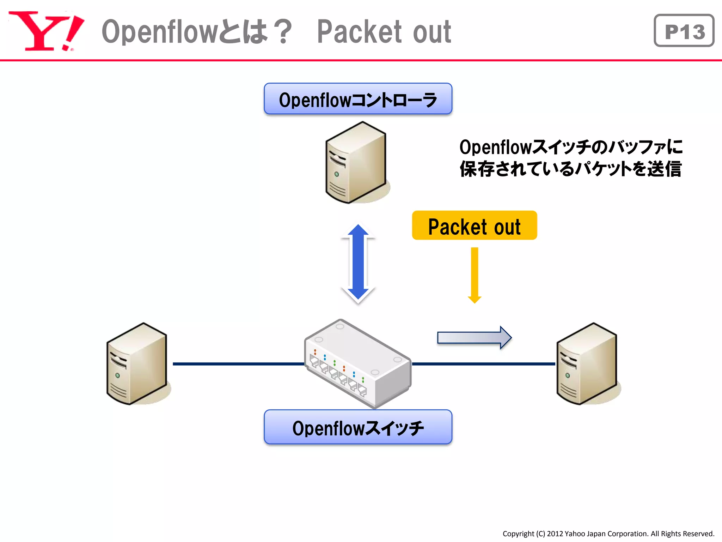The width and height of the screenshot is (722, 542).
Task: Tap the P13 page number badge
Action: (684, 31)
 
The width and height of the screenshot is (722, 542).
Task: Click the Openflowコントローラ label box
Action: (358, 99)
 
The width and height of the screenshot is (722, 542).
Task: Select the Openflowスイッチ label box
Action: (358, 427)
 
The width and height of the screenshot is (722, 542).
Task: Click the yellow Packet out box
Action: (474, 226)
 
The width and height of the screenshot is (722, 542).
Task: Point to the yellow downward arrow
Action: (475, 275)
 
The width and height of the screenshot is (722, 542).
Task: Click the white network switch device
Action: (358, 363)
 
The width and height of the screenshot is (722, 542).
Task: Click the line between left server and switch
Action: (238, 364)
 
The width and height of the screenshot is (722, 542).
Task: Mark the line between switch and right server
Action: (483, 364)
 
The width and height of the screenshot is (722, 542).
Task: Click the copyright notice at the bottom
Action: (608, 534)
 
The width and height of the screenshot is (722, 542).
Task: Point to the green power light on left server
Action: (117, 375)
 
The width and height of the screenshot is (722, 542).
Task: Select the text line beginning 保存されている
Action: (570, 169)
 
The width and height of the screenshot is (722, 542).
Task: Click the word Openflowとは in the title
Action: (185, 32)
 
